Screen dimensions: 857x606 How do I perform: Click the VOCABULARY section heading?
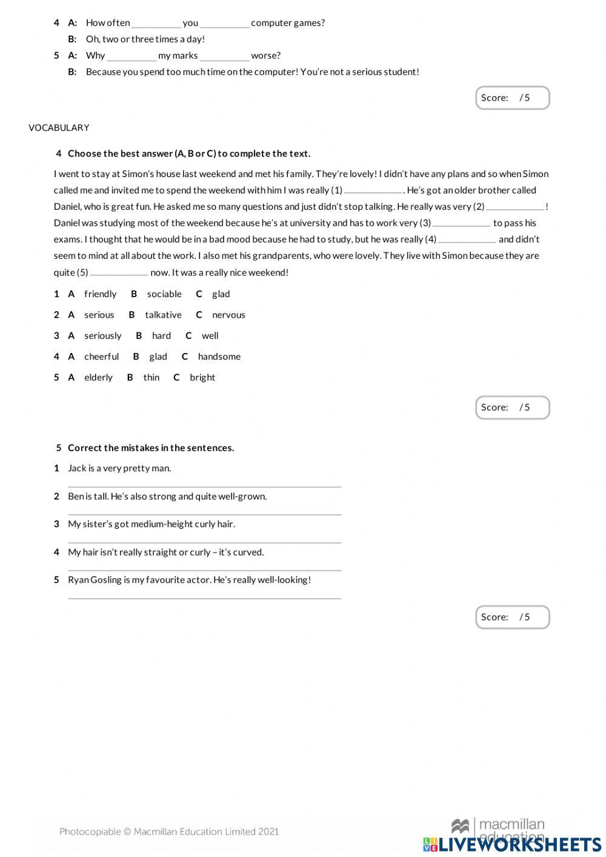[x=59, y=127]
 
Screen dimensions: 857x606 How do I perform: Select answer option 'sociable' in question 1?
[x=164, y=294]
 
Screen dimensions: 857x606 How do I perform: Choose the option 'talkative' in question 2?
[x=163, y=315]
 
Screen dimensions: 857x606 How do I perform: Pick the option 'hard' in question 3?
[x=161, y=335]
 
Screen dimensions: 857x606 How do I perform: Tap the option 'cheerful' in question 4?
[x=101, y=357]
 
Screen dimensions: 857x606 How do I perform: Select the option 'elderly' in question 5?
[x=98, y=377]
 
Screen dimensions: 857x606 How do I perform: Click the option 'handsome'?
[x=219, y=357]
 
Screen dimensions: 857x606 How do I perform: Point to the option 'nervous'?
[x=228, y=315]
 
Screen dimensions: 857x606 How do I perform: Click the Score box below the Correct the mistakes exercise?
[x=512, y=617]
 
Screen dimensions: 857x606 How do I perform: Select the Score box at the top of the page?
[x=512, y=98]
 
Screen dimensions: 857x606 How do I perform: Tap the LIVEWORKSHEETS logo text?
[x=519, y=844]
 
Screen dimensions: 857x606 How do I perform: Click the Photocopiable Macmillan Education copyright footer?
[x=169, y=832]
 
